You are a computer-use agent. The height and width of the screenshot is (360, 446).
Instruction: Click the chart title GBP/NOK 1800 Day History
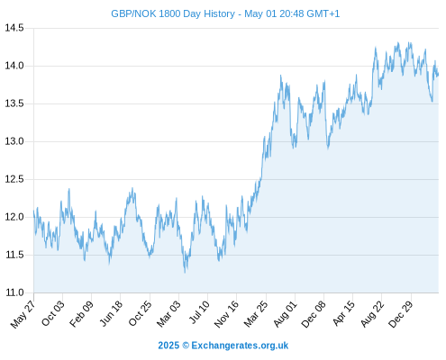tap(173, 13)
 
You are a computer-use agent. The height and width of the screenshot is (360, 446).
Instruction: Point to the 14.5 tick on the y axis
tap(14, 28)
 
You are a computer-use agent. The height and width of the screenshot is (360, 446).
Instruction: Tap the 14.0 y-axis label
tap(14, 66)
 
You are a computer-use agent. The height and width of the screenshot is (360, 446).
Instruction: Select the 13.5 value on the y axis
tap(14, 103)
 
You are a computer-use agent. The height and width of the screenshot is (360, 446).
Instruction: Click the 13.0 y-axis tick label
tap(14, 141)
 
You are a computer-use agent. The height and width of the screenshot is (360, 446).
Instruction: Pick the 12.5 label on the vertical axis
tap(14, 179)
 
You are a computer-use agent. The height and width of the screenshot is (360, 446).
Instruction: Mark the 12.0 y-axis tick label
tap(14, 217)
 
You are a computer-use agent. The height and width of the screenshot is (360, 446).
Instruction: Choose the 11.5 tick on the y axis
tap(14, 255)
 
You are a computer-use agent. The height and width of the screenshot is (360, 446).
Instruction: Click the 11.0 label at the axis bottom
tap(14, 292)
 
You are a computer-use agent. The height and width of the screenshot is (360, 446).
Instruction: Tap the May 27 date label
tap(23, 314)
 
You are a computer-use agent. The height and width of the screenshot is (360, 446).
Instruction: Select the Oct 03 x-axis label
tap(53, 313)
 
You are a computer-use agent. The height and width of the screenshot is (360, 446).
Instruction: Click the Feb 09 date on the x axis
tap(81, 314)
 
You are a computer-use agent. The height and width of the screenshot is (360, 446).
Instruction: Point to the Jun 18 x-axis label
tap(111, 313)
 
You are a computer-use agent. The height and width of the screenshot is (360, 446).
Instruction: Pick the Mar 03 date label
tap(168, 313)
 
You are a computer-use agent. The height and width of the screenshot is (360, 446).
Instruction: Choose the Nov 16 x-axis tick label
tap(226, 314)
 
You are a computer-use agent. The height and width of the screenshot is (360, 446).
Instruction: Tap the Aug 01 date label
tap(285, 314)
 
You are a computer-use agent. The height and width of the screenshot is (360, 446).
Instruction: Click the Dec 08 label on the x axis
tap(314, 314)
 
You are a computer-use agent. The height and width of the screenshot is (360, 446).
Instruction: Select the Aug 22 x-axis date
tap(372, 314)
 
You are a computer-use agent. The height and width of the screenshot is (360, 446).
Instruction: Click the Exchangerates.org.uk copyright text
tap(240, 346)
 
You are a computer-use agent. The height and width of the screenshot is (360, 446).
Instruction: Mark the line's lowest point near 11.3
tap(185, 273)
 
